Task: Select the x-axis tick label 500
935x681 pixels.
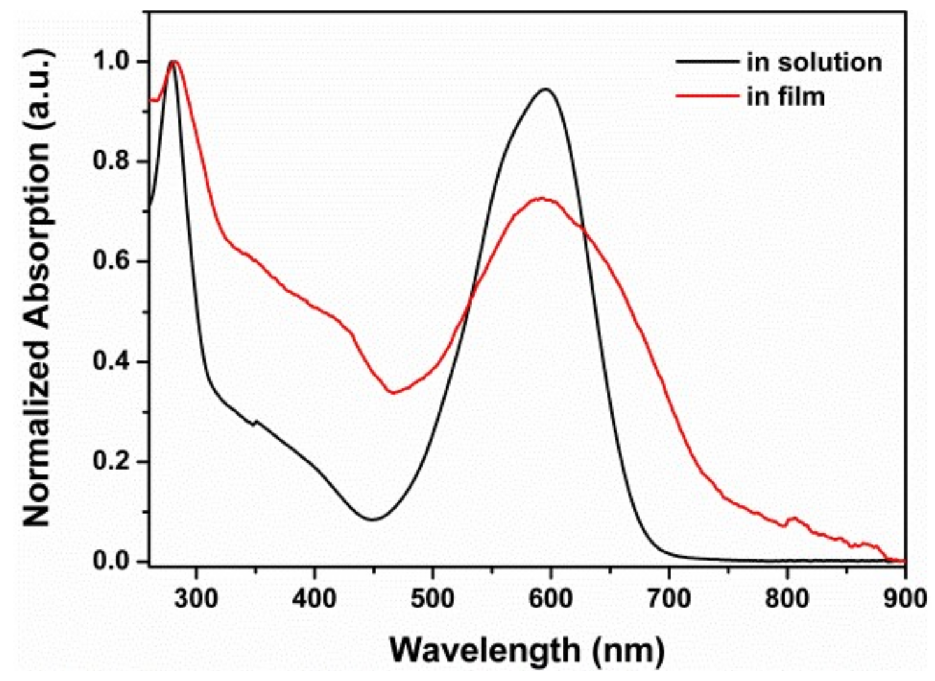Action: pyautogui.click(x=433, y=598)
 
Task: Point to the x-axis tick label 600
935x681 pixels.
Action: pyautogui.click(x=551, y=598)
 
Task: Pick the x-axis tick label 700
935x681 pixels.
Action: pyautogui.click(x=669, y=598)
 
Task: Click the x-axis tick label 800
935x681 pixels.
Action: pyautogui.click(x=787, y=598)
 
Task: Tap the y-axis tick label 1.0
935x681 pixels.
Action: pyautogui.click(x=111, y=62)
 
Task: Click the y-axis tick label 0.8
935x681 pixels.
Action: pyautogui.click(x=111, y=161)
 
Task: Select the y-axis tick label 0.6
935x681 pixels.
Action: pyautogui.click(x=111, y=261)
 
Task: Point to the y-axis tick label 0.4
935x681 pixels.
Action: pyautogui.click(x=111, y=362)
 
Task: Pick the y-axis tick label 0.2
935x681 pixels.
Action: pyautogui.click(x=111, y=461)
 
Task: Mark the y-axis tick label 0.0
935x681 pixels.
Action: pyautogui.click(x=111, y=561)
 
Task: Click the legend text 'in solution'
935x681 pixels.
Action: pyautogui.click(x=814, y=62)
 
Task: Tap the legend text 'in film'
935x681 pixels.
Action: pyautogui.click(x=785, y=97)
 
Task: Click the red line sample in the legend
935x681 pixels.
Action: pyautogui.click(x=707, y=97)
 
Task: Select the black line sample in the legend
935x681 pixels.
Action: pyautogui.click(x=707, y=62)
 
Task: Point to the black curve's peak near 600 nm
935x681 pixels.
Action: pyautogui.click(x=545, y=89)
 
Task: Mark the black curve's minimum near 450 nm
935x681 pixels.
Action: pyautogui.click(x=373, y=519)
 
